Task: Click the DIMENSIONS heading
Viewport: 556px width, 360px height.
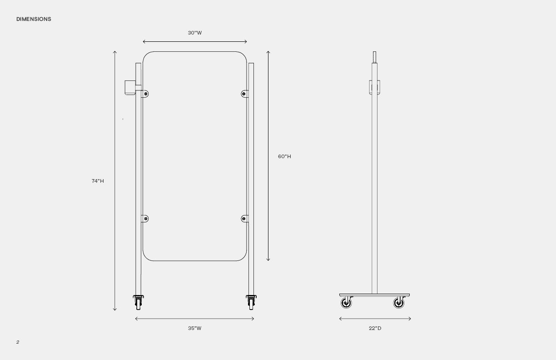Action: (34, 19)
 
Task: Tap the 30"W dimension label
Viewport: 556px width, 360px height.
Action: (195, 33)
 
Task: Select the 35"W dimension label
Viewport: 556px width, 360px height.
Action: (194, 328)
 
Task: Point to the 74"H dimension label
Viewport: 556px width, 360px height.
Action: (98, 181)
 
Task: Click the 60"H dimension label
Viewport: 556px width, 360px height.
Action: (284, 156)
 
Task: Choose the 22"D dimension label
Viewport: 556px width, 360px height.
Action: (375, 328)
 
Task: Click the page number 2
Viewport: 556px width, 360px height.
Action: (18, 342)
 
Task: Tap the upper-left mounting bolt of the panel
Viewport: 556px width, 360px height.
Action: (146, 94)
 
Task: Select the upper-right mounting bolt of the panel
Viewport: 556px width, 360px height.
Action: (244, 94)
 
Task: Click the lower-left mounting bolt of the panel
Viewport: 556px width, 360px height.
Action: (146, 219)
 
